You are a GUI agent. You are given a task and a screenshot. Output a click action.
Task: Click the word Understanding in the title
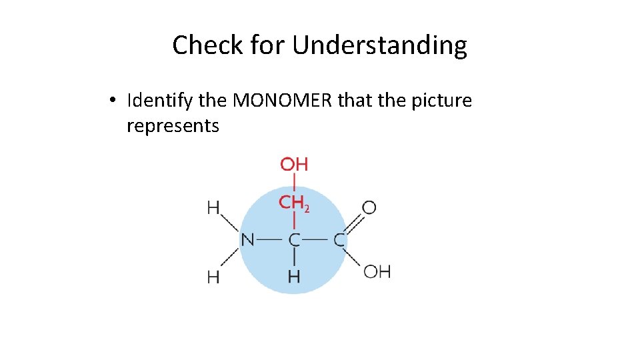point(379,45)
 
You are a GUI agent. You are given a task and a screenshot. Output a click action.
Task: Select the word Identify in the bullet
point(159,101)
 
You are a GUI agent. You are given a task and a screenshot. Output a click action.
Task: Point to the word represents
point(173,125)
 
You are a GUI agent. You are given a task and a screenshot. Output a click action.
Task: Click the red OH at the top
point(294,164)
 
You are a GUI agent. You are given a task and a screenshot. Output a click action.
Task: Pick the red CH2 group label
point(294,203)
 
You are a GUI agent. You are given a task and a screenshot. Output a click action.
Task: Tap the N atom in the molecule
point(247,239)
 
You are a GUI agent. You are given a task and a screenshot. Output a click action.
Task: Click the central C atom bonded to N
point(294,239)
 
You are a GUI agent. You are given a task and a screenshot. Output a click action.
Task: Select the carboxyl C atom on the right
point(339,239)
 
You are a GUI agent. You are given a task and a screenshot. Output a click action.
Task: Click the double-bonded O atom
point(369,208)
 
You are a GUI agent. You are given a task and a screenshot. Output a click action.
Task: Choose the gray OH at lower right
point(377,271)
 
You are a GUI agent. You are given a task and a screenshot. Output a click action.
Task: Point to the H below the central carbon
point(294,275)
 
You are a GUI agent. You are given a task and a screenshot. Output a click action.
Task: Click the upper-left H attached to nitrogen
point(213,208)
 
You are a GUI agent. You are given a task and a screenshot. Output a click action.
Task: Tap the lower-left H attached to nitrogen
point(213,277)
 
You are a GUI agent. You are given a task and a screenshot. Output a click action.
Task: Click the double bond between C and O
point(353,223)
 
